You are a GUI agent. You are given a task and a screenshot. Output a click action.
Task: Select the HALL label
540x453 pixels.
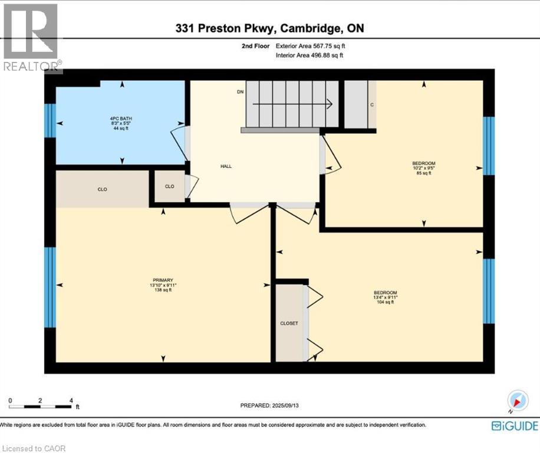(225, 166)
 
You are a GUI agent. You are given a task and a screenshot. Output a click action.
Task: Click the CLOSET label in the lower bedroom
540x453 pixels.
(289, 323)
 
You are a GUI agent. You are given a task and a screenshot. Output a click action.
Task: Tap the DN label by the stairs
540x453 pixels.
(240, 92)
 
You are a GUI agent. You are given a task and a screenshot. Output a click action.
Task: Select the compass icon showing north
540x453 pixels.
(517, 402)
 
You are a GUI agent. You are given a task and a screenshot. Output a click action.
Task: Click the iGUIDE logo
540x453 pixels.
(515, 425)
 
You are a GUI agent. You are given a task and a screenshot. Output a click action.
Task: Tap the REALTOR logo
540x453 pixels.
(31, 38)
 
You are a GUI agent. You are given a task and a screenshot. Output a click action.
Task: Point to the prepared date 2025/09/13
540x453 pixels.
(274, 406)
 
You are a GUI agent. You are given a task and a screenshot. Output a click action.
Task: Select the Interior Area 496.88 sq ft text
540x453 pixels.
(309, 55)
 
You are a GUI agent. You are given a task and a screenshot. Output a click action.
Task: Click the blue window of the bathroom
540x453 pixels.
(50, 120)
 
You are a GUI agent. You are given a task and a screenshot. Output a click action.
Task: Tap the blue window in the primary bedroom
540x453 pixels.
(50, 287)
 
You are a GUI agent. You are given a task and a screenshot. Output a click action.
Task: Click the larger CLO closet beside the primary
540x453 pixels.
(102, 189)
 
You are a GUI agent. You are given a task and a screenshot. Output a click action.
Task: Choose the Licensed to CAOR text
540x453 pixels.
(35, 448)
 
